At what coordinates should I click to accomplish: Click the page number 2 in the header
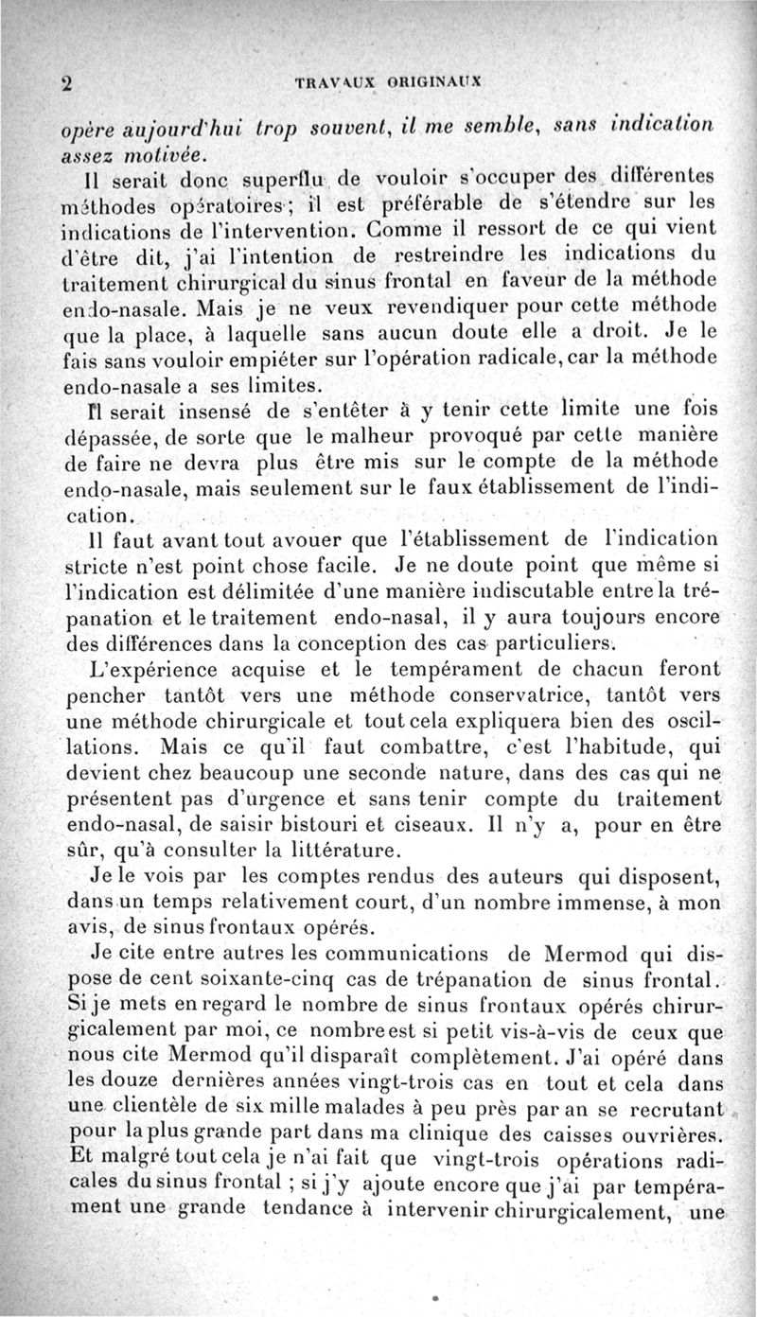[x=67, y=83]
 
